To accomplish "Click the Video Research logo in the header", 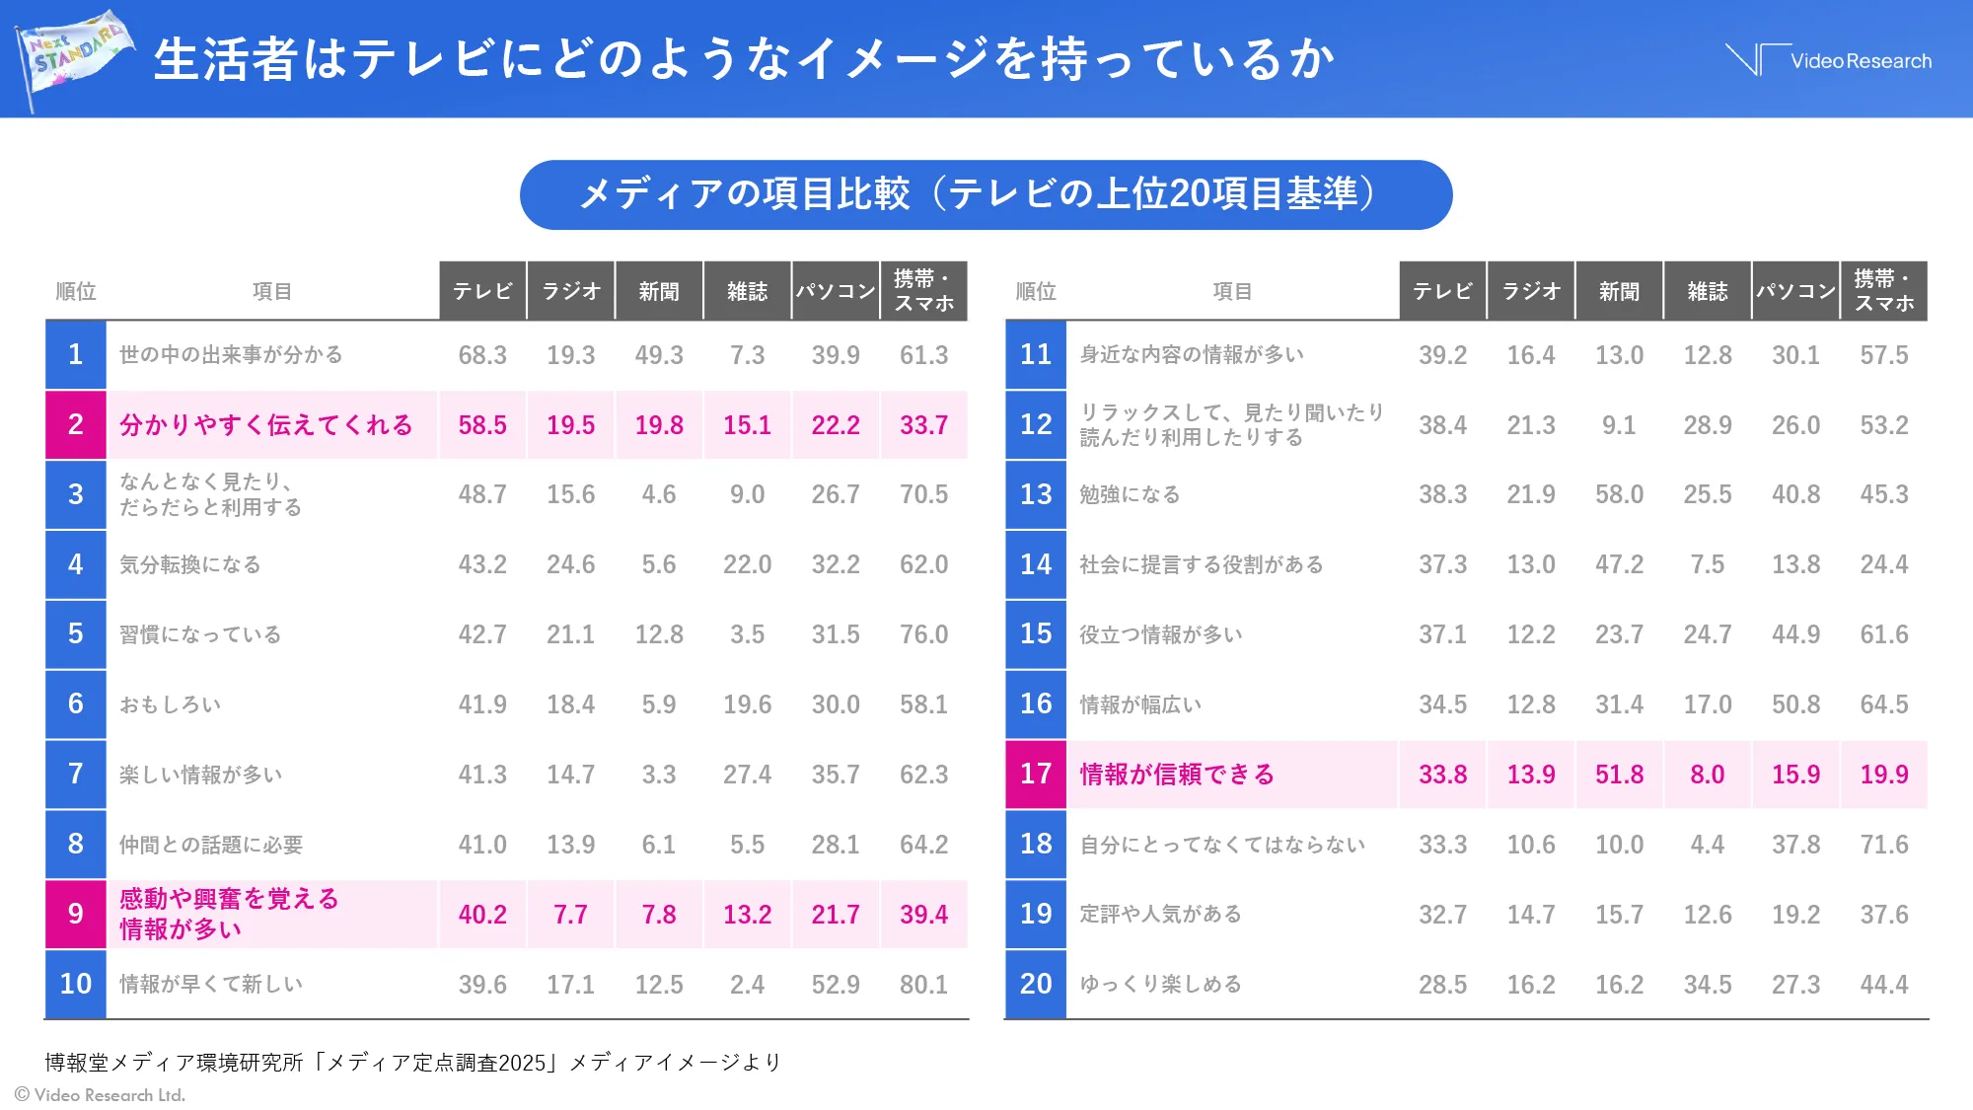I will click(1828, 60).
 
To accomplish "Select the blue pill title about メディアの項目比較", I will click(985, 194).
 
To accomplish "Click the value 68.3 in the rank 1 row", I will click(481, 355).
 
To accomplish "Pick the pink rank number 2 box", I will click(75, 424).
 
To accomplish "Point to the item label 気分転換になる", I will click(189, 564).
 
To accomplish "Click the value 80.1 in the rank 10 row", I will click(923, 984).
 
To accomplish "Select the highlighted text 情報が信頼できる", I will click(1176, 775).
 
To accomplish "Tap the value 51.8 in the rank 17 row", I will click(1619, 775).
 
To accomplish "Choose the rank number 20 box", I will click(1036, 984).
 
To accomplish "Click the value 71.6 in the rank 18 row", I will click(1883, 845).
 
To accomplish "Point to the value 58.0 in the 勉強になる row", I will click(1619, 494).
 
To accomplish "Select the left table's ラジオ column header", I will click(570, 291).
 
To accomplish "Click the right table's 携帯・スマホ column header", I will click(1883, 291).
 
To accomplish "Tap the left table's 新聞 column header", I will click(658, 291).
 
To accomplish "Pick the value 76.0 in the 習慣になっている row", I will click(923, 634).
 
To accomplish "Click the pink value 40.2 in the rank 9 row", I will click(481, 915).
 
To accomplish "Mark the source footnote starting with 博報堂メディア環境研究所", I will click(412, 1062).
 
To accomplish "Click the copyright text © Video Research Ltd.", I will click(100, 1094).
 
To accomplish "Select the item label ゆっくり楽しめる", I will click(1160, 984).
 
